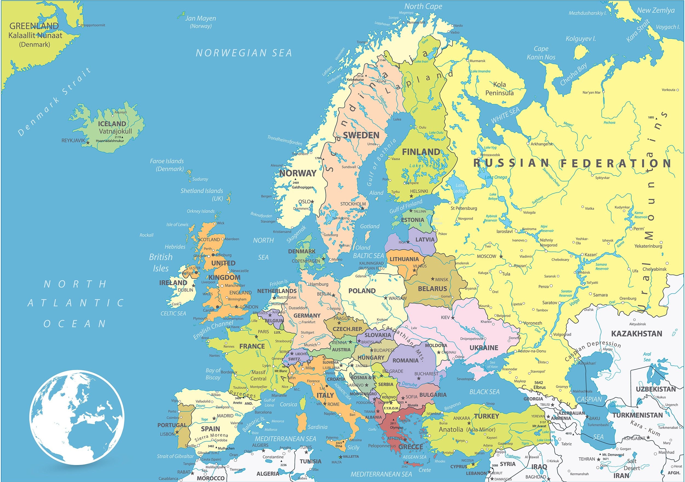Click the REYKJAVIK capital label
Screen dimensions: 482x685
point(73,140)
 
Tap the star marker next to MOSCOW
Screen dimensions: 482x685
point(501,256)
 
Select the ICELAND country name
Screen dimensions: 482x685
point(112,124)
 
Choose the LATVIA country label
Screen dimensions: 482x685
point(425,240)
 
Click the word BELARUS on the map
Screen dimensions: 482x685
point(432,288)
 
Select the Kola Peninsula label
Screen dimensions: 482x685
point(500,88)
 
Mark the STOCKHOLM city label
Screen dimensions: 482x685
point(353,204)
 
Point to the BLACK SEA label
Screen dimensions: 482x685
point(484,392)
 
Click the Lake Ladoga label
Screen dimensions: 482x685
point(460,188)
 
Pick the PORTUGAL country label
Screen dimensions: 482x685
point(172,425)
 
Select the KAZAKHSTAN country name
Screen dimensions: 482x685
point(637,334)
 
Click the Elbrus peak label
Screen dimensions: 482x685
point(540,387)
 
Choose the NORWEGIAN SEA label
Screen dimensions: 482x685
point(244,53)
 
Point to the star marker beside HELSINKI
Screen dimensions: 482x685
point(411,196)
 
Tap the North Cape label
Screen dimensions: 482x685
point(423,6)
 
